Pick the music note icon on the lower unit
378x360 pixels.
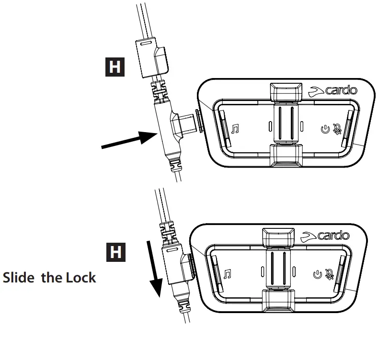click(228, 274)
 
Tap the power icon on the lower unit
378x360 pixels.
click(317, 274)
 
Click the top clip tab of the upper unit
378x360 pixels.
click(286, 91)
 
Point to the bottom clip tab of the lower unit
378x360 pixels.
click(278, 299)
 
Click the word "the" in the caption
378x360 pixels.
click(52, 278)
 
